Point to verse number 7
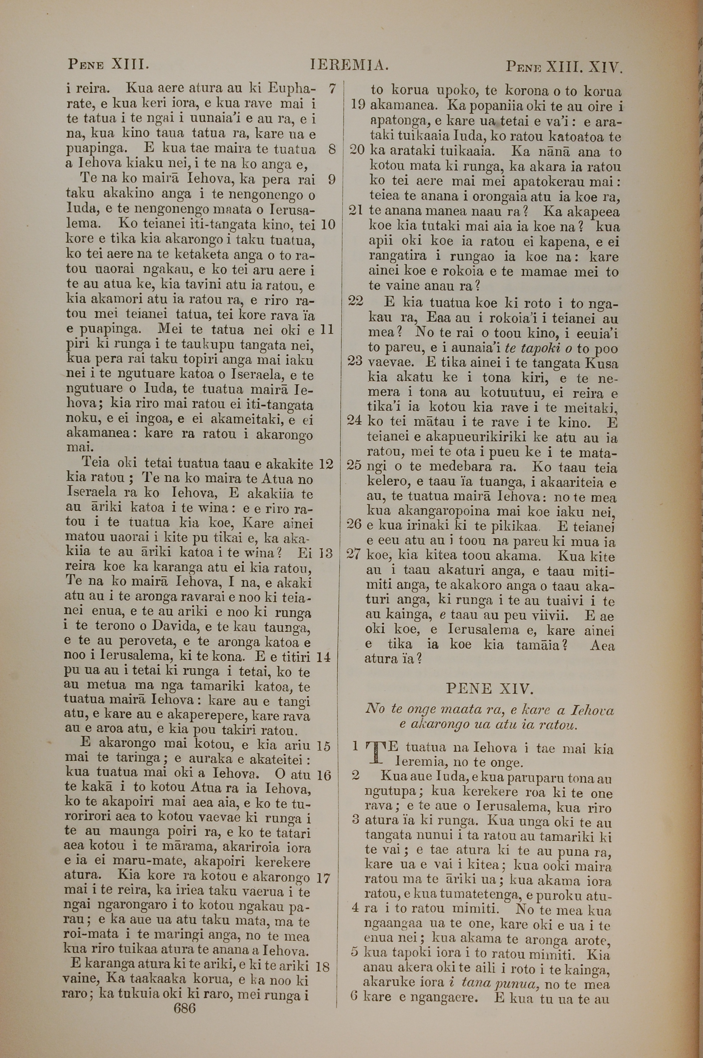coord(332,88)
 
